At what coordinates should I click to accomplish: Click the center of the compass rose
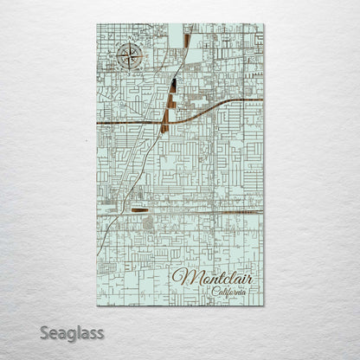pyautogui.click(x=127, y=59)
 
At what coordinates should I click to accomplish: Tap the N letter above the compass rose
pyautogui.click(x=127, y=44)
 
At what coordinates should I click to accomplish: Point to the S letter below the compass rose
pyautogui.click(x=127, y=74)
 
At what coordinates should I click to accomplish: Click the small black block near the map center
pyautogui.click(x=174, y=85)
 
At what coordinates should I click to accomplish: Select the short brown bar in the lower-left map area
pyautogui.click(x=139, y=209)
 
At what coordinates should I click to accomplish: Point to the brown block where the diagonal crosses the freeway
pyautogui.click(x=164, y=122)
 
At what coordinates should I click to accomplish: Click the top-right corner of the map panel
pyautogui.click(x=264, y=24)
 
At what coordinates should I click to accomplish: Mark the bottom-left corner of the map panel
pyautogui.click(x=97, y=305)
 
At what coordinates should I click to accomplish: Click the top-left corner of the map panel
pyautogui.click(x=97, y=24)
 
